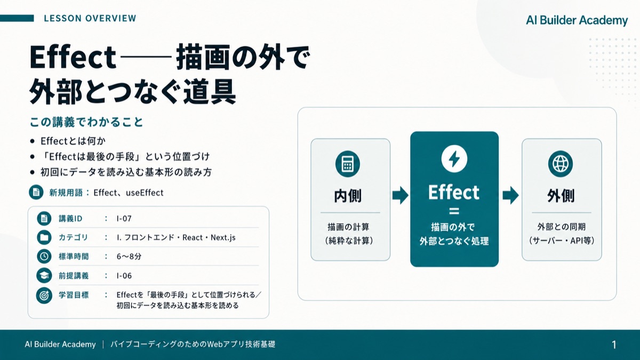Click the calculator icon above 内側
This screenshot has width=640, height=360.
pyautogui.click(x=347, y=164)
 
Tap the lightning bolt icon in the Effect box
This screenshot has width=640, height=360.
pyautogui.click(x=454, y=159)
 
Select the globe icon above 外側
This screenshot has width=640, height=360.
pyautogui.click(x=561, y=164)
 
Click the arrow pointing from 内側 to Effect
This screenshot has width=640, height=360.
pyautogui.click(x=401, y=195)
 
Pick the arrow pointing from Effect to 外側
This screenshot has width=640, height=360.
pyautogui.click(x=510, y=195)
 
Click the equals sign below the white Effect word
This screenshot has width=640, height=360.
pyautogui.click(x=454, y=211)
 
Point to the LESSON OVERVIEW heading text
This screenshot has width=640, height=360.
pyautogui.click(x=90, y=18)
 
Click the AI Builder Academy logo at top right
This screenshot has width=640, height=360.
pyautogui.click(x=577, y=20)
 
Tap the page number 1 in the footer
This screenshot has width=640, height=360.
pyautogui.click(x=614, y=345)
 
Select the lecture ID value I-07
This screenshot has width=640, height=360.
pyautogui.click(x=124, y=219)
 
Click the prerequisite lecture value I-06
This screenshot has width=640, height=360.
pyautogui.click(x=124, y=276)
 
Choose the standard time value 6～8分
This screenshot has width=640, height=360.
pyautogui.click(x=129, y=257)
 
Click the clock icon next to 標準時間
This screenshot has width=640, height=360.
pyautogui.click(x=44, y=257)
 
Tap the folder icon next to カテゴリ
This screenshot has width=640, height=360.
pyautogui.click(x=44, y=237)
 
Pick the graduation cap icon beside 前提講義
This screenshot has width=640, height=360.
pyautogui.click(x=44, y=275)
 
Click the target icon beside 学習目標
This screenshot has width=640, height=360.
pyautogui.click(x=44, y=295)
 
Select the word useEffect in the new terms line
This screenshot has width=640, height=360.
pyautogui.click(x=145, y=193)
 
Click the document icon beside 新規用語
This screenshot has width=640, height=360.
pyautogui.click(x=36, y=193)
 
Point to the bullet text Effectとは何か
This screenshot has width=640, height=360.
pyautogui.click(x=73, y=141)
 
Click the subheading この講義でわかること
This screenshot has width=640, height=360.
pyautogui.click(x=86, y=122)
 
